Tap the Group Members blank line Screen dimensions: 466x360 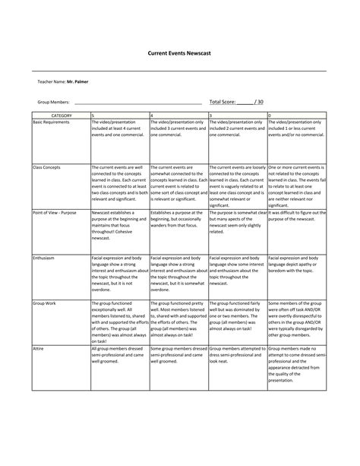coord(137,102)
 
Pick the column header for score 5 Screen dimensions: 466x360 coord(93,115)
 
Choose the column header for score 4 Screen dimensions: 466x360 coord(152,115)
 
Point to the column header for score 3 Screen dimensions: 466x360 coord(210,115)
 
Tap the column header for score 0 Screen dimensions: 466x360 coord(270,115)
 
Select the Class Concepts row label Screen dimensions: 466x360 coord(46,166)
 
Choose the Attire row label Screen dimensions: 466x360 coord(37,346)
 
